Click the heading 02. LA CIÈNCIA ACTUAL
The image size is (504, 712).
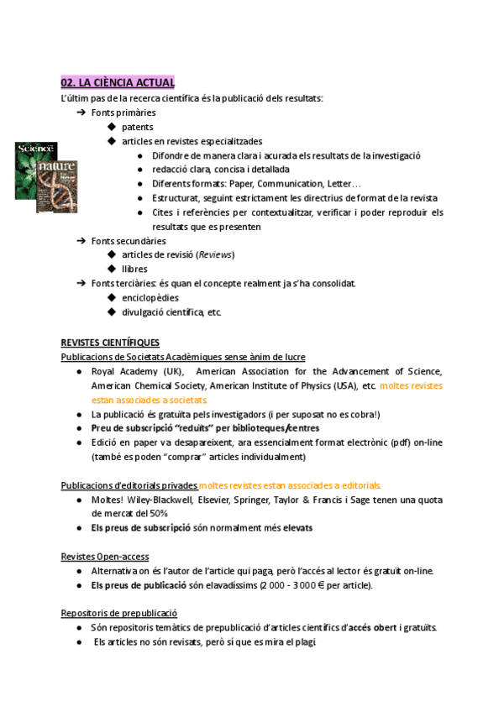(118, 82)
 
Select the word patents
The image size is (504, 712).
(137, 127)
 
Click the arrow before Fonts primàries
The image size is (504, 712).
(81, 113)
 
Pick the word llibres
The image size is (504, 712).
(134, 269)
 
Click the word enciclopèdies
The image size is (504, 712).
(150, 297)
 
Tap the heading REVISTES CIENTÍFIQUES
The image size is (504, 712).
(116, 343)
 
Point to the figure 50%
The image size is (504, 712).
(158, 513)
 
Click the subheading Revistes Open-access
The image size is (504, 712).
(105, 556)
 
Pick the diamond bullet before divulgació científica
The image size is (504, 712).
(112, 311)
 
